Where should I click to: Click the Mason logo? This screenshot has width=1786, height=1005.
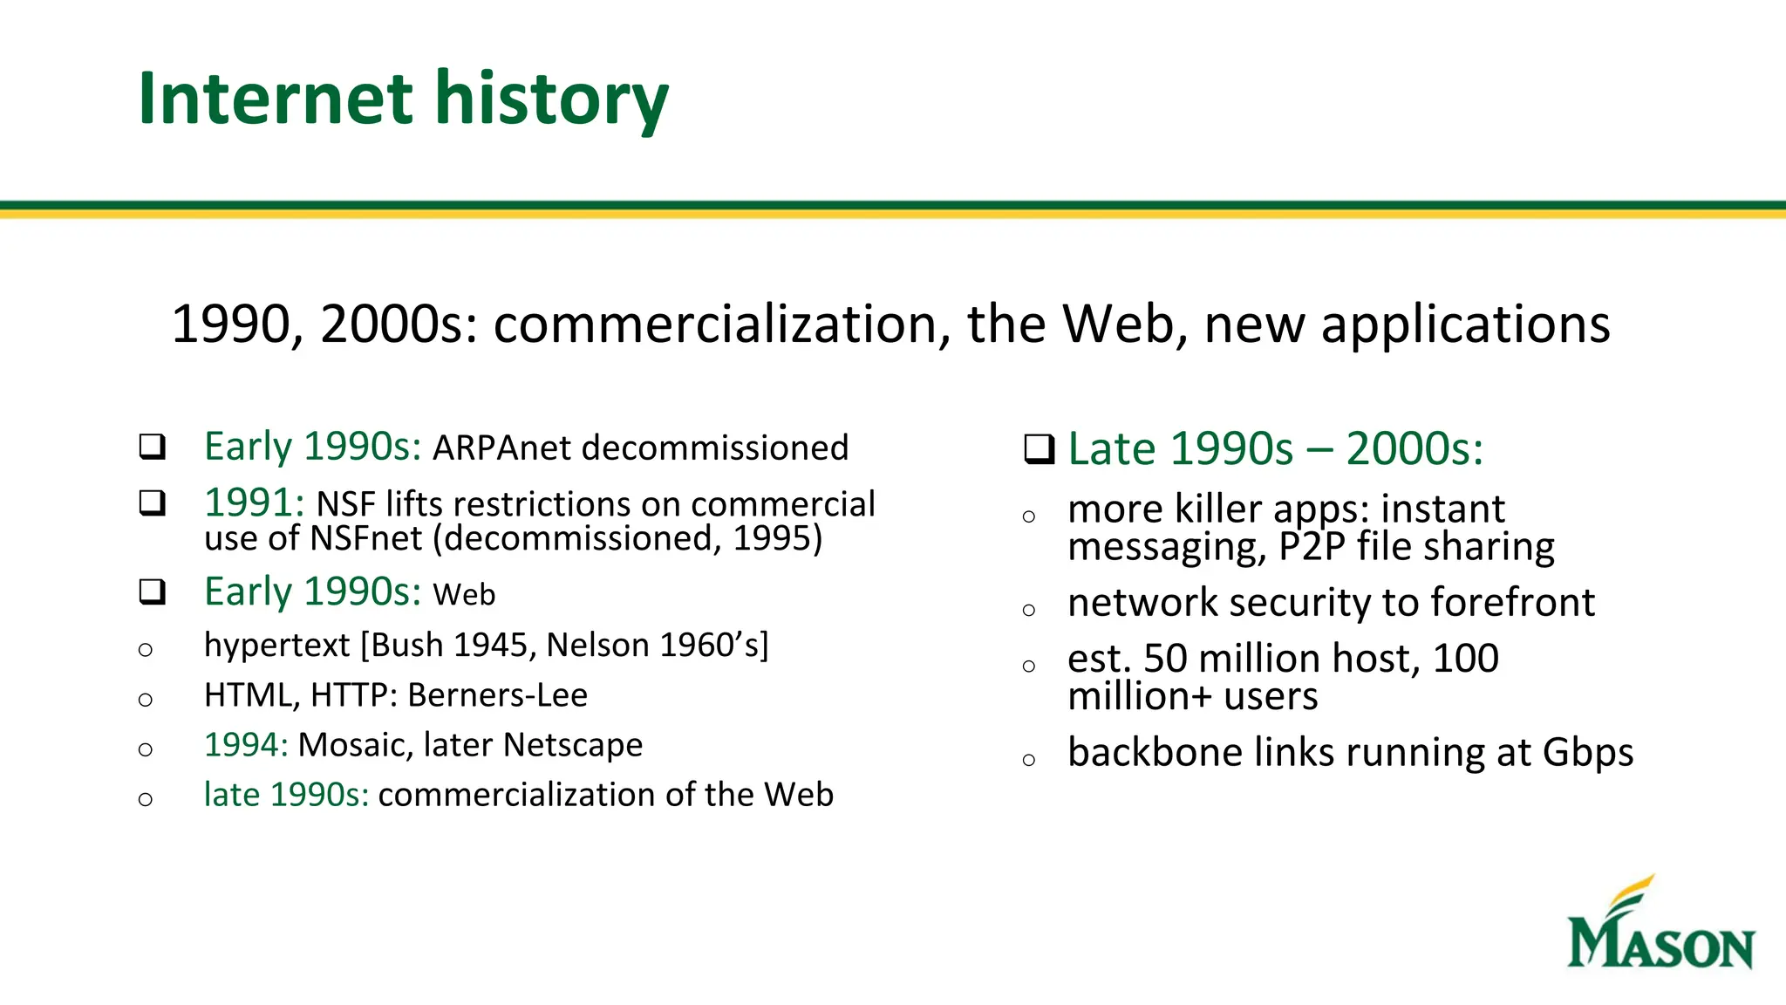(x=1660, y=926)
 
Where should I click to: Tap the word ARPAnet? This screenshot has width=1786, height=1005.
(x=501, y=448)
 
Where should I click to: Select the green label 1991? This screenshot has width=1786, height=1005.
(x=254, y=503)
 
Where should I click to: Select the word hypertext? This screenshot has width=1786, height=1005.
(x=276, y=646)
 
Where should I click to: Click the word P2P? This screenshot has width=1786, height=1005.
(x=1312, y=547)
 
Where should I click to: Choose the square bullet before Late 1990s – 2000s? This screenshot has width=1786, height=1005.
(x=1039, y=449)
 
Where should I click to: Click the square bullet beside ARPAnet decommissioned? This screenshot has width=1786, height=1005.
(x=153, y=447)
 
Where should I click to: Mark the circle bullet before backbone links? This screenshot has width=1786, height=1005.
(x=1029, y=760)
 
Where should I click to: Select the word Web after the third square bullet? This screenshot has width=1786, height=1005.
(x=464, y=595)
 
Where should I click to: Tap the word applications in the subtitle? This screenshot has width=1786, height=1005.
(x=1465, y=325)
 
